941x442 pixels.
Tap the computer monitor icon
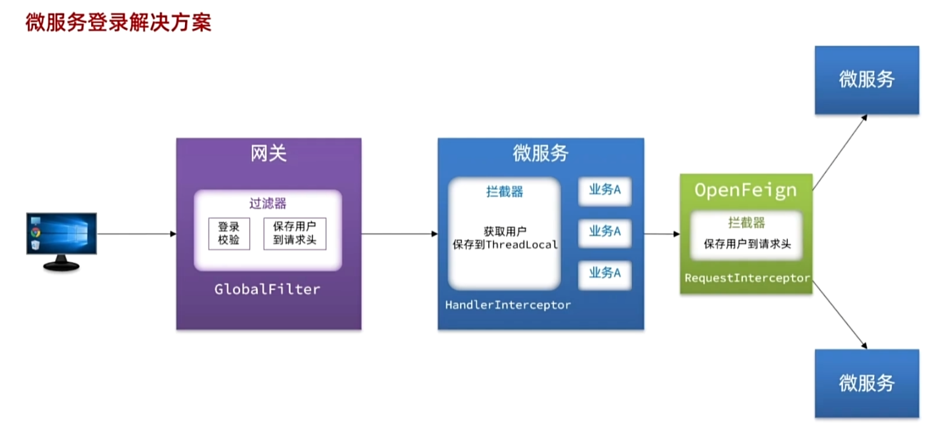click(62, 240)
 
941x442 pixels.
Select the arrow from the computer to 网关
click(136, 234)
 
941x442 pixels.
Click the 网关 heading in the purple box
click(268, 154)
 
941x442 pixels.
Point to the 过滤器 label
click(268, 202)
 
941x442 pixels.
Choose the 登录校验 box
click(229, 233)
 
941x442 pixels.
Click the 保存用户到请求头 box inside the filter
click(295, 233)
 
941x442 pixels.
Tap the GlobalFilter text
click(268, 289)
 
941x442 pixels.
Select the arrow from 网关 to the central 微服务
click(399, 234)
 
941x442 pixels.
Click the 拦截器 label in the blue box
click(504, 192)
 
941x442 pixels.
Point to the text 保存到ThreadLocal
click(505, 245)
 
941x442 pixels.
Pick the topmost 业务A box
click(604, 190)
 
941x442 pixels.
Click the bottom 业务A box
click(604, 273)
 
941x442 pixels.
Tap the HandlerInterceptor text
click(508, 305)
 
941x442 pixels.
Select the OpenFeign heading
click(745, 190)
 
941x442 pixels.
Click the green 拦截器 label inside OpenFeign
click(746, 223)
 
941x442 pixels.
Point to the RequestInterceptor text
click(747, 278)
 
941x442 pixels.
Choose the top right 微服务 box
click(866, 79)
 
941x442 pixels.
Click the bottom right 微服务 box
click(866, 383)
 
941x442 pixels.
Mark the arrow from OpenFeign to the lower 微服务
click(839, 313)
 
